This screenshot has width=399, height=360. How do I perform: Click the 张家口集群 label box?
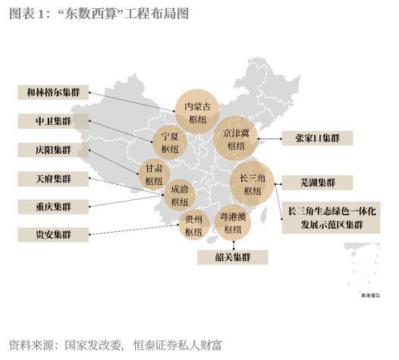tap(316, 138)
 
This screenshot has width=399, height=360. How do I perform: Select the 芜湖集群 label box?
tap(316, 183)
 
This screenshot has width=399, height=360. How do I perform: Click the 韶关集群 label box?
tap(234, 256)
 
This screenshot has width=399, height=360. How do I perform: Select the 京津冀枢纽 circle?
tap(236, 139)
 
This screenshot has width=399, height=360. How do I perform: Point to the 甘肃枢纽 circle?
tap(155, 174)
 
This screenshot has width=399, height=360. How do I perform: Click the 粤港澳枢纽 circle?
tap(234, 223)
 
